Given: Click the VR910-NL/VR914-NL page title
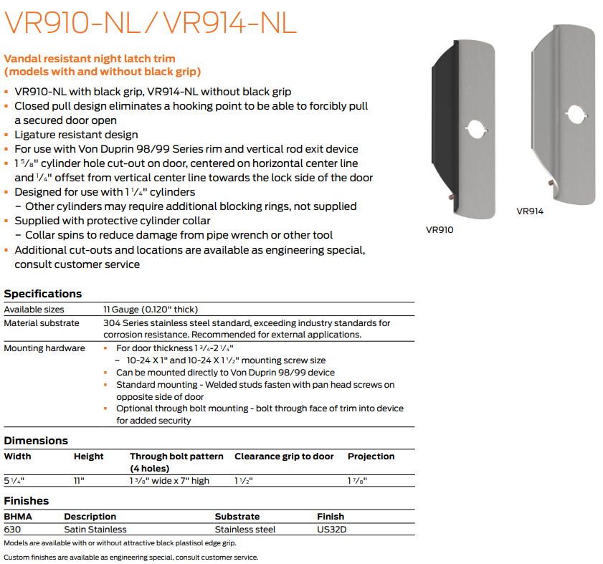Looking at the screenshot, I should [151, 22].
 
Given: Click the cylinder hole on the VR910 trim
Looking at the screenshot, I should [474, 129].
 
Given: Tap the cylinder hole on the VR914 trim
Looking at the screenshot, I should [574, 113].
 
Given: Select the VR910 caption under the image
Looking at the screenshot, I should [440, 230].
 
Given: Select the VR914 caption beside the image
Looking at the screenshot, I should [530, 211].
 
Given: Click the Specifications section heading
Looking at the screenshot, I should [43, 294].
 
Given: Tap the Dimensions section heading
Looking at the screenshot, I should [36, 441].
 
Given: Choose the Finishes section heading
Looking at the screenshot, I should [27, 501].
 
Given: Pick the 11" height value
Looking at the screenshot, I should [79, 481].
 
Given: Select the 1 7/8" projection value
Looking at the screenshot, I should [358, 481].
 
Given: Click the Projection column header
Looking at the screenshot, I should [371, 457].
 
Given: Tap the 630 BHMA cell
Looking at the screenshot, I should [12, 530].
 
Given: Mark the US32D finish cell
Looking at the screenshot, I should [331, 530].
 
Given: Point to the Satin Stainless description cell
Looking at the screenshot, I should [95, 530].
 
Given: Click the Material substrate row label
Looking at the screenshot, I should [42, 324].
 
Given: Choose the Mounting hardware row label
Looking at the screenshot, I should [44, 348].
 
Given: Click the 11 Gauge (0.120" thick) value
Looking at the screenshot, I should [151, 310].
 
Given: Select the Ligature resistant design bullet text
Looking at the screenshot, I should [76, 135].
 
